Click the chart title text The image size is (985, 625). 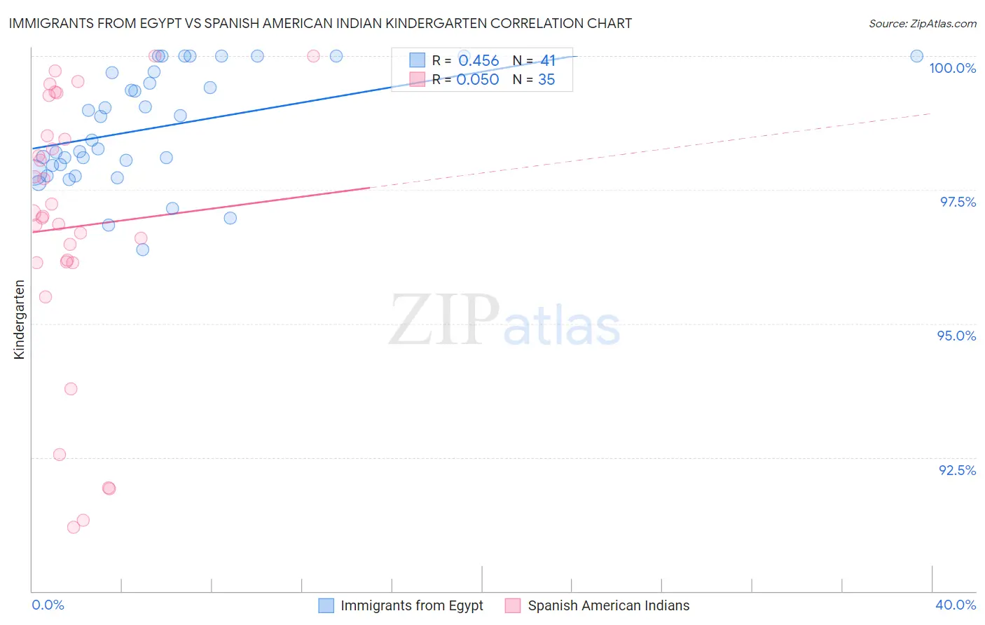tap(320, 23)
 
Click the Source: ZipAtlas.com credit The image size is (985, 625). tap(922, 23)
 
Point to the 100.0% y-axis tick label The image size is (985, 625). tap(952, 68)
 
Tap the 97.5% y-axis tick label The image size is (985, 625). tap(957, 202)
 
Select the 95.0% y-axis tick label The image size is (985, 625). tap(956, 336)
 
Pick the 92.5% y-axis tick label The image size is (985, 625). tap(957, 470)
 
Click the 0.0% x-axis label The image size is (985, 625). tap(48, 605)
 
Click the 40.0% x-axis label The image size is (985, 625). tap(955, 605)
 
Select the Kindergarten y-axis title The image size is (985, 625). tap(19, 320)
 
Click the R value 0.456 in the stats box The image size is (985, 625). tap(478, 61)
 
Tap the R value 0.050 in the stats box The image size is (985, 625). tap(478, 80)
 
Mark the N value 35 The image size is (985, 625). tap(546, 80)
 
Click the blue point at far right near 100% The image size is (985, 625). tap(916, 56)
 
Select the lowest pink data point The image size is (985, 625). tap(74, 527)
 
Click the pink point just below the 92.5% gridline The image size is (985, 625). tap(109, 488)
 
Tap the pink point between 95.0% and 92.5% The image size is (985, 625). tap(71, 389)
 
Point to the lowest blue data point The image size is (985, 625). tap(143, 249)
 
